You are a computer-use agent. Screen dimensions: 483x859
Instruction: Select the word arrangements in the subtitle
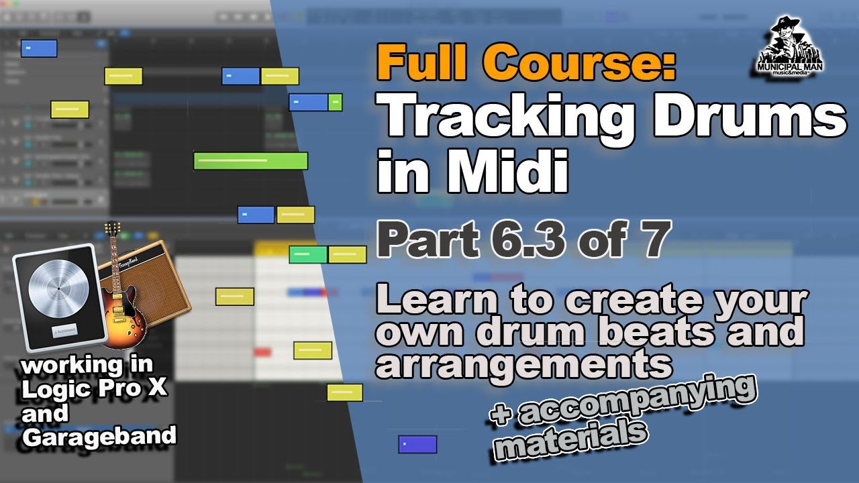pyautogui.click(x=523, y=363)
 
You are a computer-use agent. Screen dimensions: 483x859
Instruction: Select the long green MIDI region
pyautogui.click(x=250, y=161)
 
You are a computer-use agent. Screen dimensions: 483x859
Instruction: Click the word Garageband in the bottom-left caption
pyautogui.click(x=99, y=435)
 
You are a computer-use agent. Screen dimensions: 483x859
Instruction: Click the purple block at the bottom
pyautogui.click(x=417, y=444)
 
